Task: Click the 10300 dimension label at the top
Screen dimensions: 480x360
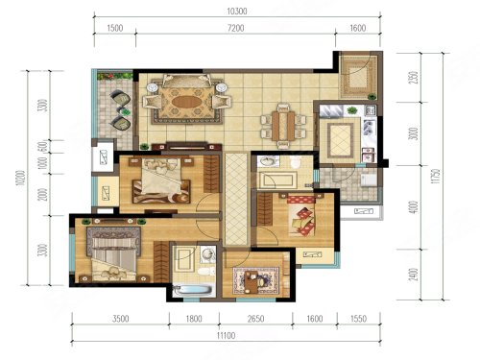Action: pos(237,12)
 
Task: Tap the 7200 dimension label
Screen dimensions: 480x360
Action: pos(236,28)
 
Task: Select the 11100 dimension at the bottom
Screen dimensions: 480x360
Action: pos(227,335)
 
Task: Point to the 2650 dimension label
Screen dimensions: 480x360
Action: pos(255,319)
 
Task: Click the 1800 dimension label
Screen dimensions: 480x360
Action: pos(194,319)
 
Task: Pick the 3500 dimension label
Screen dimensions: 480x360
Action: pos(121,319)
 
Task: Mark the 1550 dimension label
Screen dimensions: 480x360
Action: pos(358,319)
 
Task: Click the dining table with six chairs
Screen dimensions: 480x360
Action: pos(283,126)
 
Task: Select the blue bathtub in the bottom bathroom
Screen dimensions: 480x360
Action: pos(193,291)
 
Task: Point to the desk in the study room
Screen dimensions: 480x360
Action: pos(252,281)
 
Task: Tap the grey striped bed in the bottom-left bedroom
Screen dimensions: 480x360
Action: pos(113,253)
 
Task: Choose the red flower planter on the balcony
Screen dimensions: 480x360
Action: pos(115,76)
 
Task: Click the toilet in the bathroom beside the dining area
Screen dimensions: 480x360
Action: pos(295,162)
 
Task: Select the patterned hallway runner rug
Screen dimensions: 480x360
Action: pos(236,199)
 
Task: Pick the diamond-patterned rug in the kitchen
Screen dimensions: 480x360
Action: pos(340,140)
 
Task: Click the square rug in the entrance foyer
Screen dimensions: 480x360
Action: pos(356,76)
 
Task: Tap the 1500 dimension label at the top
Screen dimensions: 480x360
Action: pos(115,28)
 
